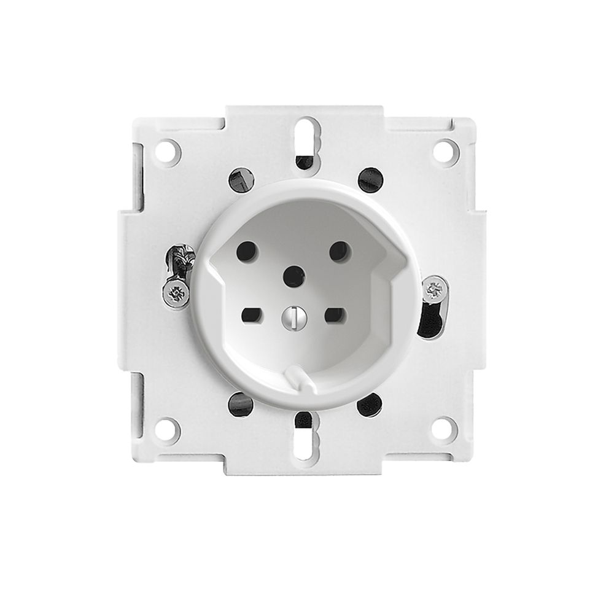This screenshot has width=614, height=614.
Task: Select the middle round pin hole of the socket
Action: (293, 276)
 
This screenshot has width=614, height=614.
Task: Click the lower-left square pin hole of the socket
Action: (252, 316)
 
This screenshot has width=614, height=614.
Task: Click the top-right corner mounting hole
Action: (446, 150)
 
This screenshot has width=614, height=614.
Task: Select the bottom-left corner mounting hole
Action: (168, 429)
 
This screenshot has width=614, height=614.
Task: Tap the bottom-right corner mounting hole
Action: (445, 429)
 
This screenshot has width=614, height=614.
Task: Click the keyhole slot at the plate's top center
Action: (306, 138)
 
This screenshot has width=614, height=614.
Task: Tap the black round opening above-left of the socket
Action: (240, 179)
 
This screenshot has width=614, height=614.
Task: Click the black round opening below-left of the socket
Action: (240, 403)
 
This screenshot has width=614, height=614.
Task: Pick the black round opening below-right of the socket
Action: (370, 404)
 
